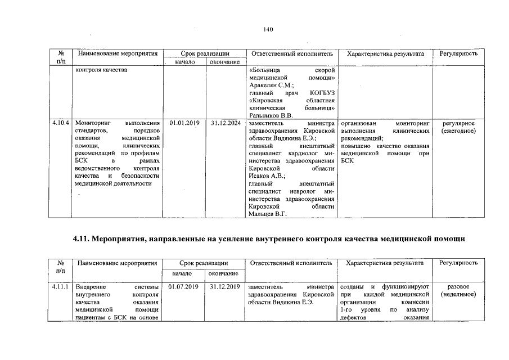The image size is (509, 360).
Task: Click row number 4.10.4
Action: [x=60, y=123]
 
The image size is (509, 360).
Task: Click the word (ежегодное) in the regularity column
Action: [x=458, y=130]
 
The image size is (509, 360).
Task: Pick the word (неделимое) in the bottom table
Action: [x=458, y=294]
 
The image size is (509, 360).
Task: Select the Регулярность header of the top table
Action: [x=458, y=53]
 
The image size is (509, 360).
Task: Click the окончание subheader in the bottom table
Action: [x=224, y=273]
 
